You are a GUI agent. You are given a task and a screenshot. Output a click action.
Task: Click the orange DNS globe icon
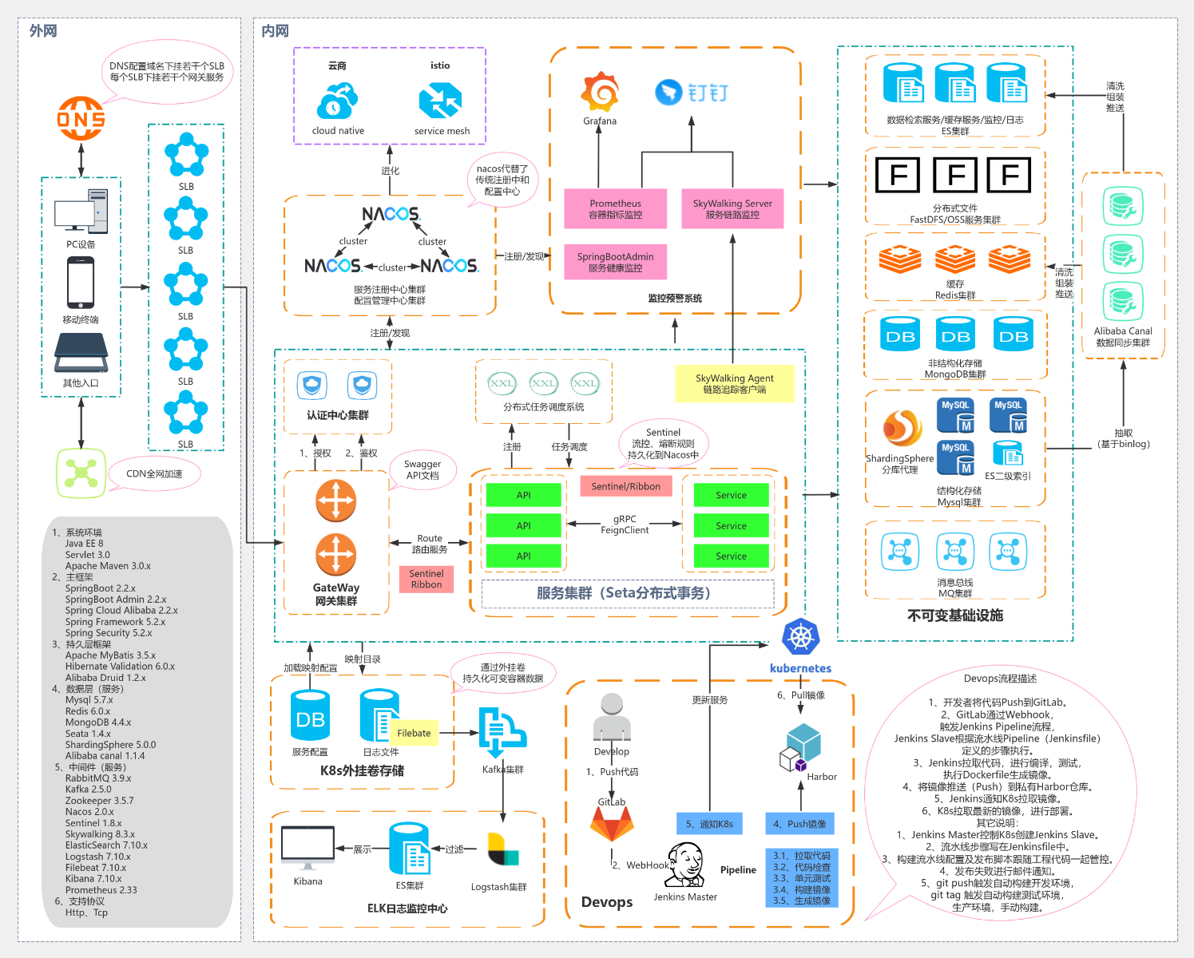tap(81, 118)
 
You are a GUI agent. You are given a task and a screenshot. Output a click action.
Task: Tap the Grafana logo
tap(600, 92)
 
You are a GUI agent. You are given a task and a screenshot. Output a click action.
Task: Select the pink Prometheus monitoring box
tap(615, 208)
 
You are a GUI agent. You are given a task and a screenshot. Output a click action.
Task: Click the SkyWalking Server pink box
tap(732, 208)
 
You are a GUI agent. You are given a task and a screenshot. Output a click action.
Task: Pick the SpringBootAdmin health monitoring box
tap(615, 262)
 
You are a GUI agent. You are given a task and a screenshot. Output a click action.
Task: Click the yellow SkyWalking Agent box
tap(734, 383)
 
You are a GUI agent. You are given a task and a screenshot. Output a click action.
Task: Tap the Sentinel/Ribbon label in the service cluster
tap(625, 486)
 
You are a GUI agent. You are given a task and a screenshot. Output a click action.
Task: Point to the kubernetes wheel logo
tap(800, 638)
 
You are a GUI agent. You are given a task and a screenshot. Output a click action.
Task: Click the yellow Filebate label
tap(414, 733)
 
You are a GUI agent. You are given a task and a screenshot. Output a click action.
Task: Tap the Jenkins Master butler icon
tap(684, 865)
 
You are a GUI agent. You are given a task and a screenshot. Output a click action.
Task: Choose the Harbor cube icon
tap(800, 747)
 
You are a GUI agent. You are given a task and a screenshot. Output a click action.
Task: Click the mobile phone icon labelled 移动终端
tap(81, 283)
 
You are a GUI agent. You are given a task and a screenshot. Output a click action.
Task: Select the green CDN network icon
tap(81, 473)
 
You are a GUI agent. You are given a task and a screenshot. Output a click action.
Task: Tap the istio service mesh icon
tap(440, 101)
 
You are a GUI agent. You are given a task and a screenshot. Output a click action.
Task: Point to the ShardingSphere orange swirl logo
tap(902, 428)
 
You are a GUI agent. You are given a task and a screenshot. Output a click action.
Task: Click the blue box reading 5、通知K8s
tap(709, 824)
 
